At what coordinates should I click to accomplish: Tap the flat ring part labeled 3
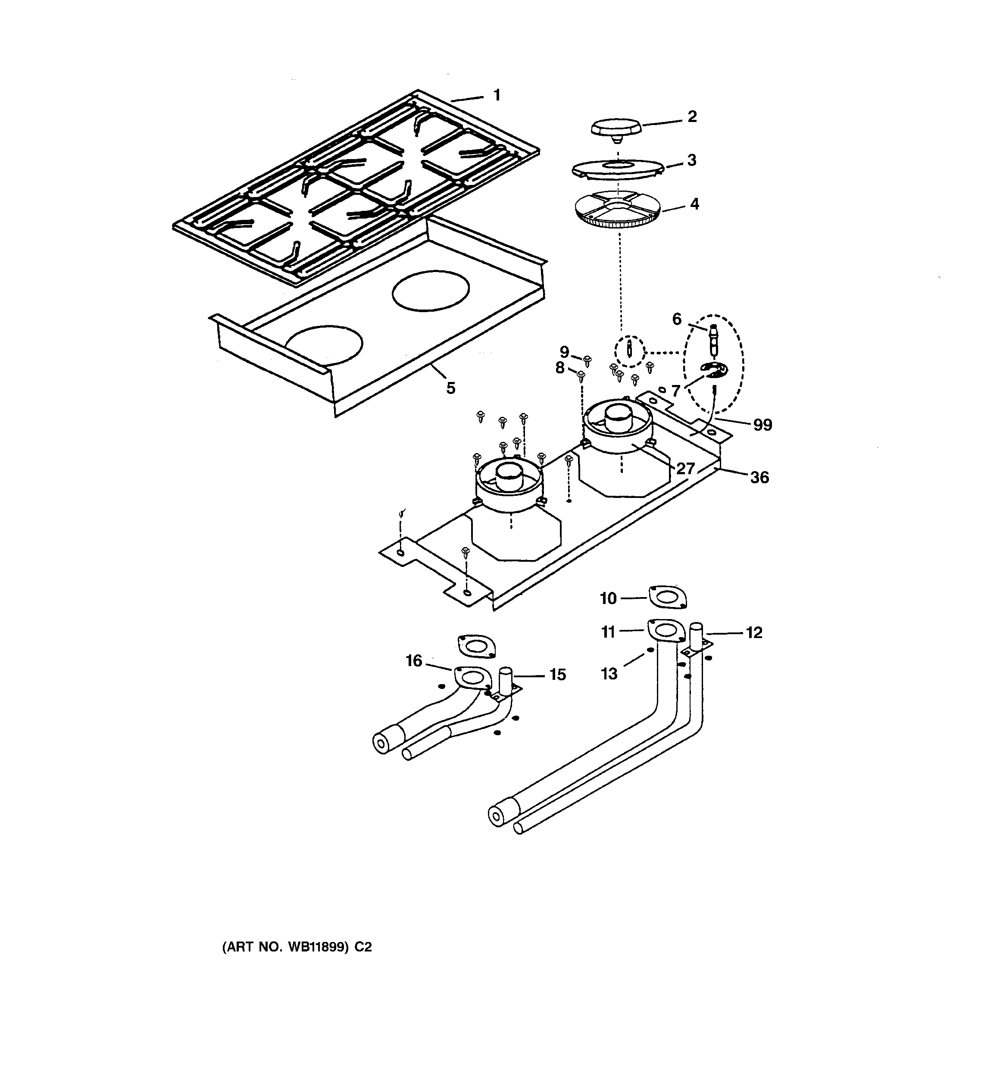(617, 168)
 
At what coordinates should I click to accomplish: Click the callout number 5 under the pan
(450, 388)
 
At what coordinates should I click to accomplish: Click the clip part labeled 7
(714, 370)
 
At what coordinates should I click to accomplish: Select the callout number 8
(560, 368)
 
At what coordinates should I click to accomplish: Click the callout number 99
(762, 425)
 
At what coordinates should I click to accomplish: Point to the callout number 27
(685, 469)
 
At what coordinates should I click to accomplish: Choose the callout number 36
(759, 477)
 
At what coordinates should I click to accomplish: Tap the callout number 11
(608, 632)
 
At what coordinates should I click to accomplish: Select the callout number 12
(753, 633)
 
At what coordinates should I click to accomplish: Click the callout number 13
(609, 673)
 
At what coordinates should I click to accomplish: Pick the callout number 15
(557, 675)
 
